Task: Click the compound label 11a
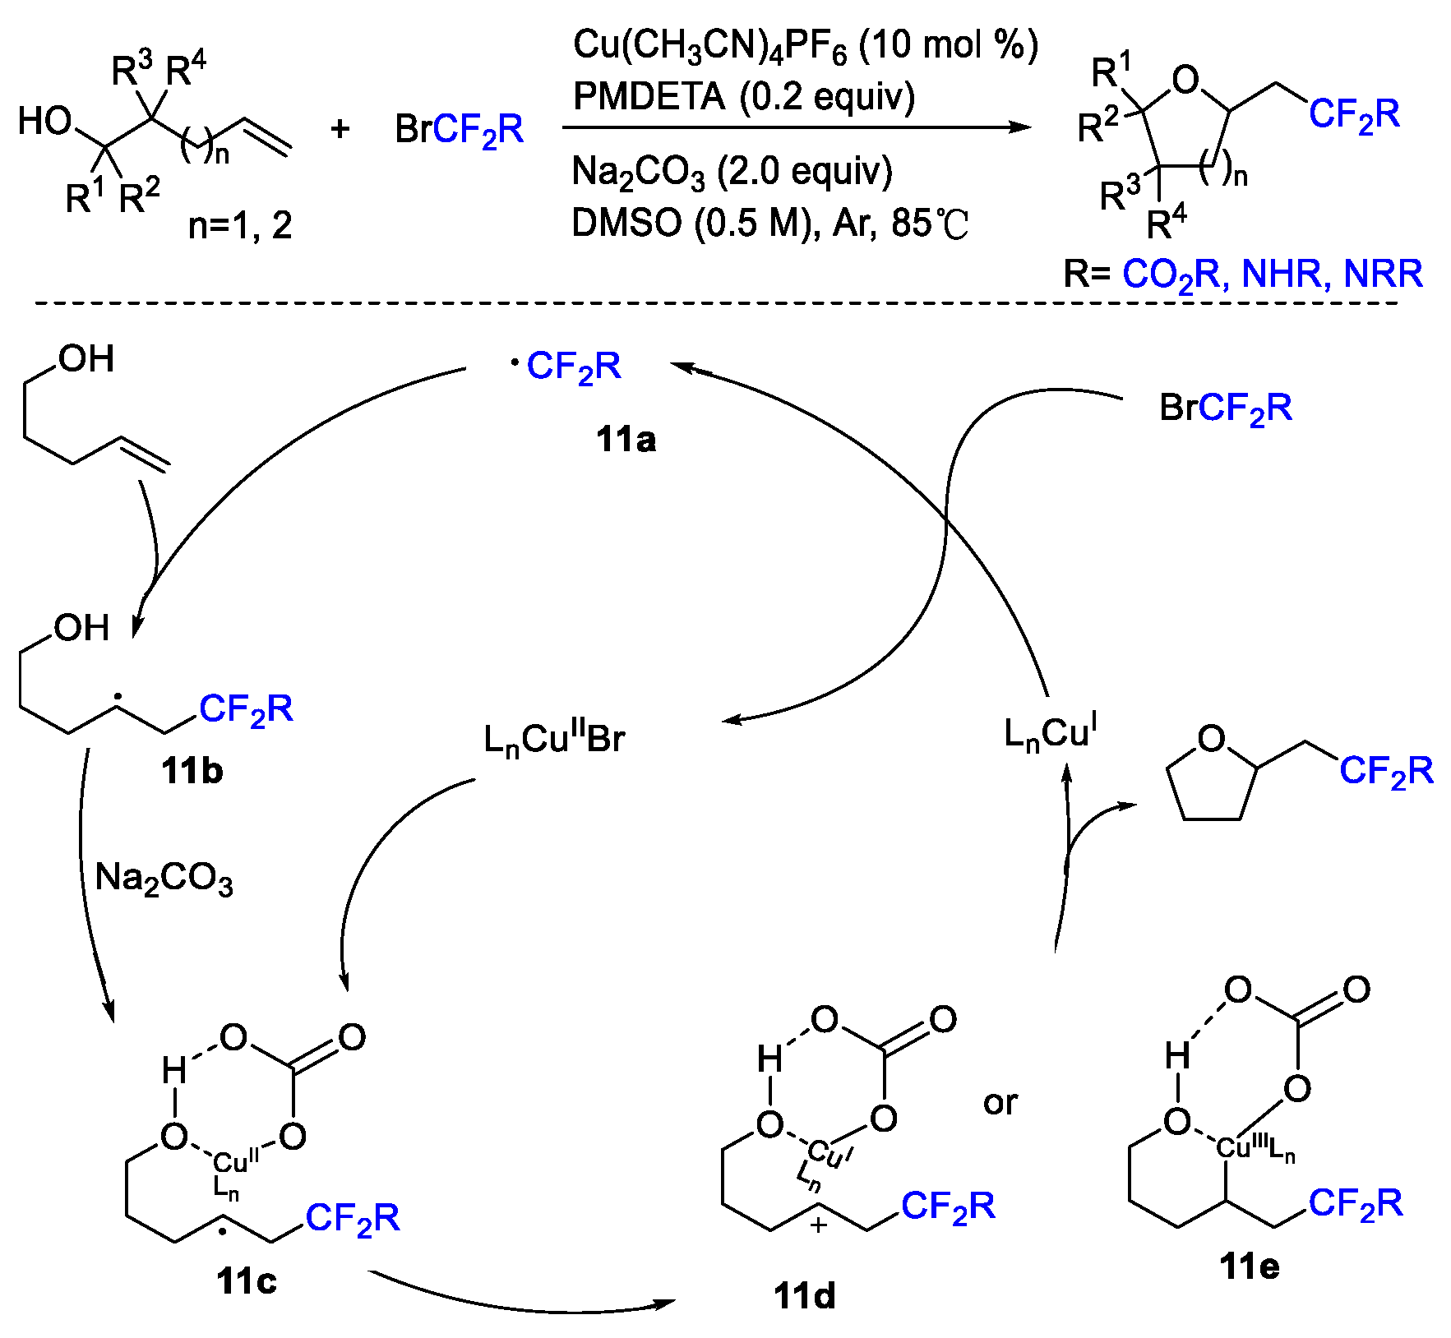pyautogui.click(x=626, y=440)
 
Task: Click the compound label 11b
pyautogui.click(x=192, y=771)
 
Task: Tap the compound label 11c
pyautogui.click(x=247, y=1280)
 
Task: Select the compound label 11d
pyautogui.click(x=804, y=1296)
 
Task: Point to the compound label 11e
pyautogui.click(x=1250, y=1266)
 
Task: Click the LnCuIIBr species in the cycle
pyautogui.click(x=554, y=739)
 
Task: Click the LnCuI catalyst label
pyautogui.click(x=1050, y=732)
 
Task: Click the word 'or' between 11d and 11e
pyautogui.click(x=1000, y=1103)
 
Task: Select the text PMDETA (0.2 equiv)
pyautogui.click(x=743, y=97)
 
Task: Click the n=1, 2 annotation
pyautogui.click(x=240, y=225)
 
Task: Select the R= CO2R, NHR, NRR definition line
pyautogui.click(x=1242, y=274)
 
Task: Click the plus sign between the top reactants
pyautogui.click(x=340, y=129)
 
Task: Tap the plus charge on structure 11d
pyautogui.click(x=819, y=1225)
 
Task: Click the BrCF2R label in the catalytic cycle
pyautogui.click(x=1225, y=408)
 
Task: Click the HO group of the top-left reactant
pyautogui.click(x=45, y=121)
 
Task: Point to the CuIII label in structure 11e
pyautogui.click(x=1241, y=1146)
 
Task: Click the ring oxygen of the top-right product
pyautogui.click(x=1185, y=81)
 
